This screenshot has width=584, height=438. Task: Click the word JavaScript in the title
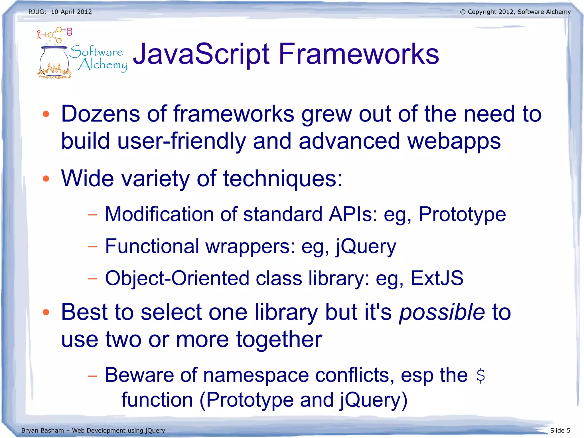(x=201, y=54)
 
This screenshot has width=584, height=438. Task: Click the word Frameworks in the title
(x=358, y=54)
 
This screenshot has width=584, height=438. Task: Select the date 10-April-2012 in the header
(x=71, y=12)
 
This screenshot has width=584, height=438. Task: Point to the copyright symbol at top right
(x=463, y=12)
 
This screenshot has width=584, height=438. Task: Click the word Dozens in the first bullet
(x=100, y=114)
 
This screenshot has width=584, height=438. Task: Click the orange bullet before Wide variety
(x=46, y=179)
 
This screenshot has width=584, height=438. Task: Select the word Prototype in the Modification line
(x=462, y=215)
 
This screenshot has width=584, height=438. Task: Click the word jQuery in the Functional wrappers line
(x=366, y=247)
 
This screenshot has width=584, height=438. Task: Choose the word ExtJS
(x=437, y=278)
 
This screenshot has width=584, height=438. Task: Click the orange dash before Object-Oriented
(x=92, y=278)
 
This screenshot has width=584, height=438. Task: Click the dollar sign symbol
(x=480, y=376)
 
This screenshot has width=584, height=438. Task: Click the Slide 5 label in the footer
(x=560, y=430)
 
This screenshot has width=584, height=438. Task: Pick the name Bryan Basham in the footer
(x=42, y=430)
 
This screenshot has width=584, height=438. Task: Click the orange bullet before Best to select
(x=46, y=312)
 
